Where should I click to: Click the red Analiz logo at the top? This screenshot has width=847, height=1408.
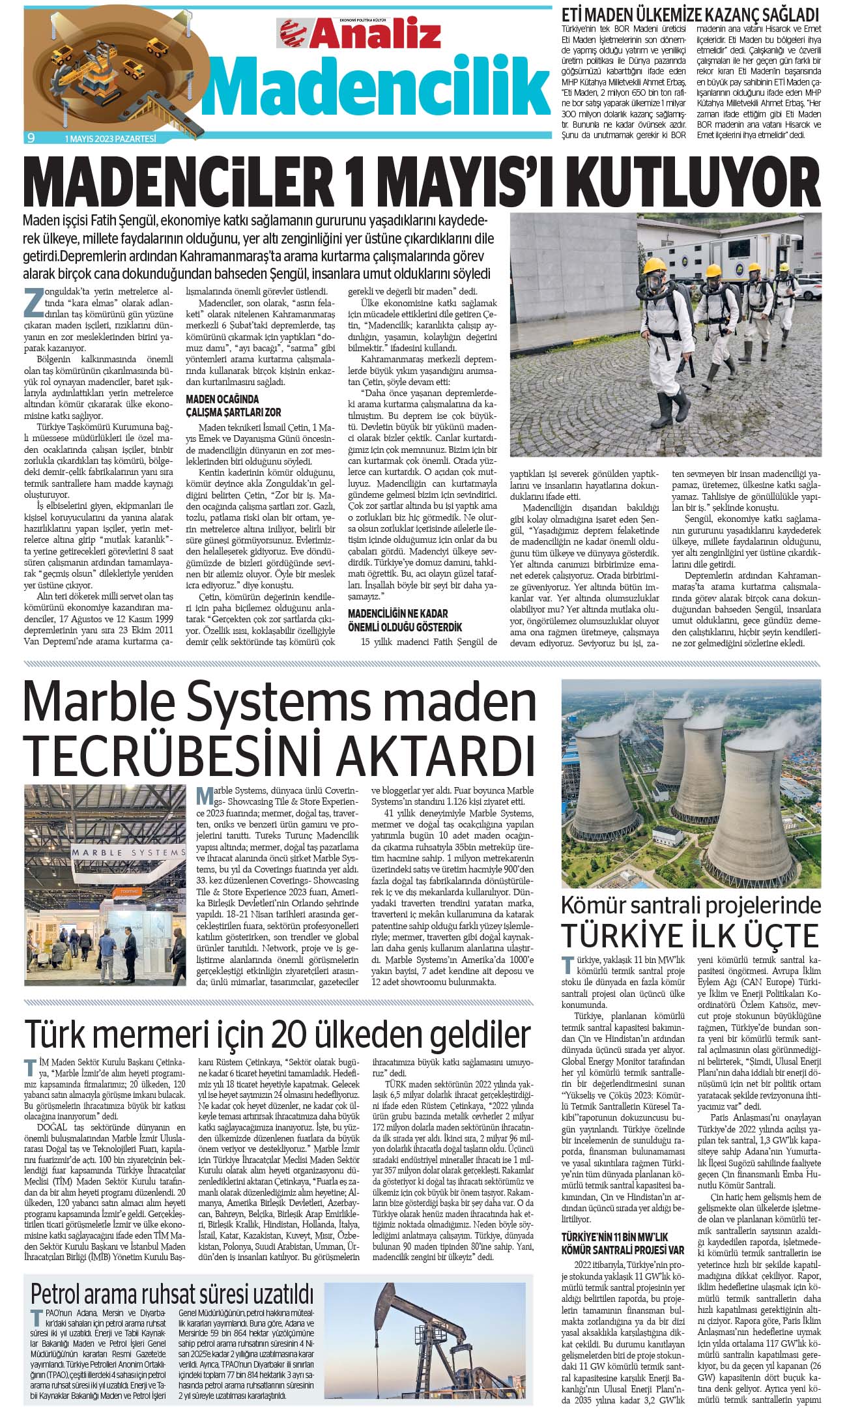click(360, 32)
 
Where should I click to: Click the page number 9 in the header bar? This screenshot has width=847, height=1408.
click(31, 137)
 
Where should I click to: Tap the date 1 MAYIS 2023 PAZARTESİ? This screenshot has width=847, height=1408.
click(111, 138)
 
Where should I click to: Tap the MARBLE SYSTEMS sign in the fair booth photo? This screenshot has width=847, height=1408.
click(128, 852)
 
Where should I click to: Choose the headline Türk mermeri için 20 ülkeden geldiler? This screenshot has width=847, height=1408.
click(277, 1034)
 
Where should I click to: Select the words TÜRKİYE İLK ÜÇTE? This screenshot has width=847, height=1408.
click(690, 936)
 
